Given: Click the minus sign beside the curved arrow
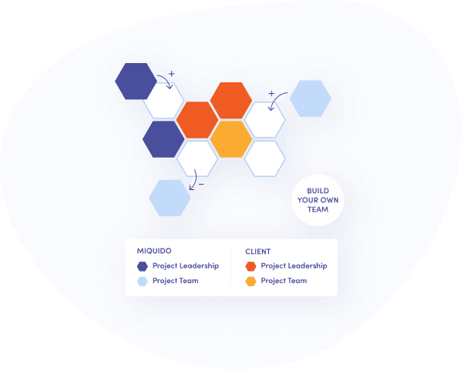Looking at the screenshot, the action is (201, 185).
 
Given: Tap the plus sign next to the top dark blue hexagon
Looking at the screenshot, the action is (171, 74).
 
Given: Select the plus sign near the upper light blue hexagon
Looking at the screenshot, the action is (271, 93).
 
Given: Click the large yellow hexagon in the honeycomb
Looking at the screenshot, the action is (231, 139).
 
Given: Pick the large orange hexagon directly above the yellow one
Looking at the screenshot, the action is (231, 100).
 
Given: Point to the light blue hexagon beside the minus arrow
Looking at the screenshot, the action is (170, 198).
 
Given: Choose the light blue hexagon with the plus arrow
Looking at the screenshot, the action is (311, 98).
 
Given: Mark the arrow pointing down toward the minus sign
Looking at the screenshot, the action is (194, 179).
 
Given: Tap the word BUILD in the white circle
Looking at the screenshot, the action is (318, 191).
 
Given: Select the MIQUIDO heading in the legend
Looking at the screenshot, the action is (154, 251).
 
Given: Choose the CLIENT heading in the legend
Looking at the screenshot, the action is (257, 252).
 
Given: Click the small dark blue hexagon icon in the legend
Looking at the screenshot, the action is (143, 266).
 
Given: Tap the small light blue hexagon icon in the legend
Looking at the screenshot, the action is (143, 281).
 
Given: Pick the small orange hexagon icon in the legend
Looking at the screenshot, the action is (251, 266).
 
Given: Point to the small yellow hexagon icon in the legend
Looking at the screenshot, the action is (251, 281).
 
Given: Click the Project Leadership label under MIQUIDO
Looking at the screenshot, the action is (186, 266).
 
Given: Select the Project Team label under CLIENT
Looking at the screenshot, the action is (284, 281).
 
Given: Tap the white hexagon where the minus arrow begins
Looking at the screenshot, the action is (197, 158).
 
